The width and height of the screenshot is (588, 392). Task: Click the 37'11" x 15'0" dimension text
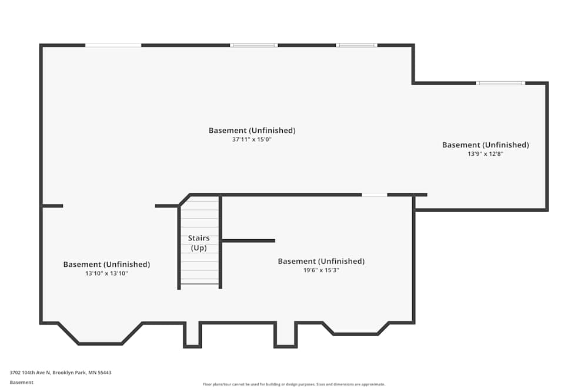[252, 139]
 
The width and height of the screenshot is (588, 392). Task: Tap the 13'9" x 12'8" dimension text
[485, 153]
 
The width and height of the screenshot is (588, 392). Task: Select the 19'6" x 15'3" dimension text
[321, 270]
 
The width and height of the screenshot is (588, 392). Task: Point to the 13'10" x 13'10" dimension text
[106, 273]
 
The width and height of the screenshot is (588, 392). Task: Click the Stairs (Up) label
[199, 243]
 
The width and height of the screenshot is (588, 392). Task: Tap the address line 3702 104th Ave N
[61, 373]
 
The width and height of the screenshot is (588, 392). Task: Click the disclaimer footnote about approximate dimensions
[293, 384]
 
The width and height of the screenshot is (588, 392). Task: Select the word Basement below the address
[21, 382]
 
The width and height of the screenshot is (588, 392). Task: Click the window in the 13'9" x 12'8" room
[500, 83]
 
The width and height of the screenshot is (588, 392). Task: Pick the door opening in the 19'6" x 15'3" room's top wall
[374, 195]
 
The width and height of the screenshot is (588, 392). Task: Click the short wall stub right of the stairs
[248, 240]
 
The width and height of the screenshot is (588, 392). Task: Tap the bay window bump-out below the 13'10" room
[100, 334]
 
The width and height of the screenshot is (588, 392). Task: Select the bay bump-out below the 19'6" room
[356, 329]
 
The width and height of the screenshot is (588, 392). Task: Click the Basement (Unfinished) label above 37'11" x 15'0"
[252, 130]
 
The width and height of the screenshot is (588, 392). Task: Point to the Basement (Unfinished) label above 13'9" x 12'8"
[485, 145]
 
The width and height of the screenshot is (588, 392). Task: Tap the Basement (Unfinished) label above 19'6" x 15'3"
[321, 261]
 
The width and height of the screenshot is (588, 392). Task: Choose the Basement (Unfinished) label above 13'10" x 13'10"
[106, 264]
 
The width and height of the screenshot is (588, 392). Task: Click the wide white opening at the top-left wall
[113, 45]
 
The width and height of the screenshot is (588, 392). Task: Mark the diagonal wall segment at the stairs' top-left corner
[184, 200]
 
